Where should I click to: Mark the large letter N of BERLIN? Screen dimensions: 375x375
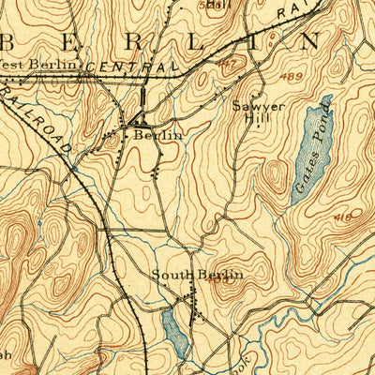pos(307,41)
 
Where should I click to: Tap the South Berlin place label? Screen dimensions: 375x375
pos(198,274)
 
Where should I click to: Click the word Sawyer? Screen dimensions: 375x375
pos(252,106)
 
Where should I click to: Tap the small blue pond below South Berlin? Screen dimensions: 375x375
pos(173,329)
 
